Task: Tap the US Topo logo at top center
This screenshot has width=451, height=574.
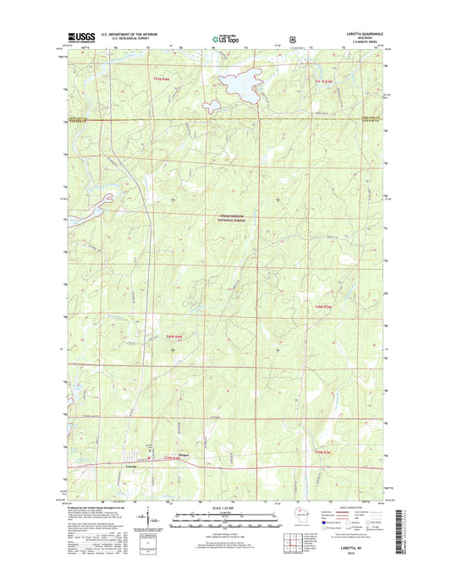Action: (x=224, y=38)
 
